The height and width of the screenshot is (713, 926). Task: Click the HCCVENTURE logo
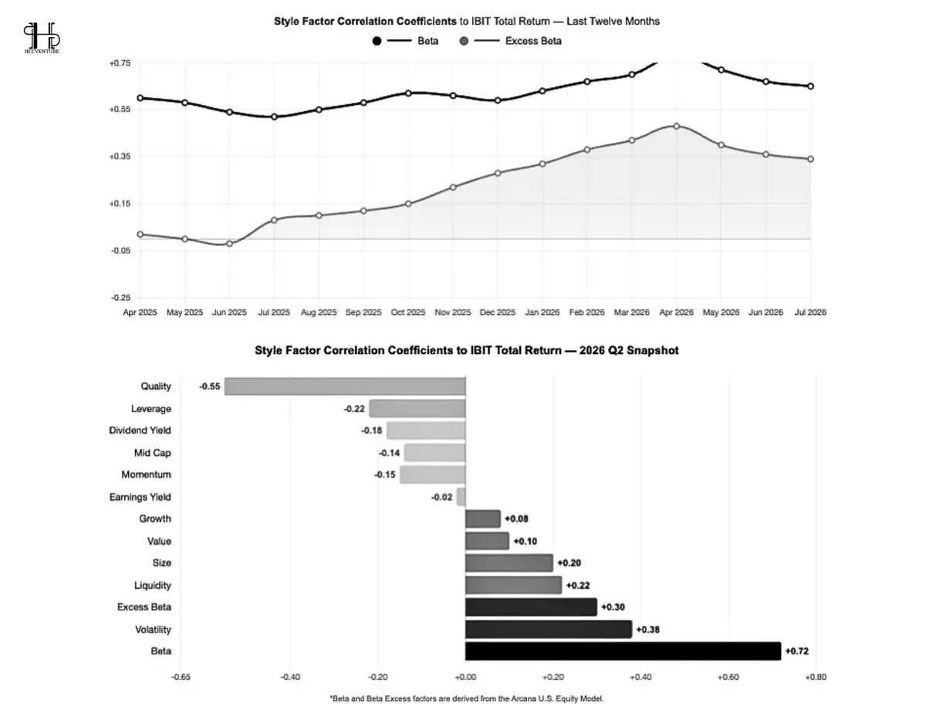pyautogui.click(x=42, y=38)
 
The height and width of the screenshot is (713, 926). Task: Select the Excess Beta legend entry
pyautogui.click(x=511, y=41)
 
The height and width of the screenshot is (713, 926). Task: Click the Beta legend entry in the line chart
pyautogui.click(x=405, y=41)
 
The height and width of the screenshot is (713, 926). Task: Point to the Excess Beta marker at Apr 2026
pyautogui.click(x=676, y=126)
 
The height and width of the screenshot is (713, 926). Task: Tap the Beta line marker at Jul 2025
pyautogui.click(x=274, y=117)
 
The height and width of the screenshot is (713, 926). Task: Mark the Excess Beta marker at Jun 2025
pyautogui.click(x=229, y=244)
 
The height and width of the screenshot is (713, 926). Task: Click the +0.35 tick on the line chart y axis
pyautogui.click(x=120, y=157)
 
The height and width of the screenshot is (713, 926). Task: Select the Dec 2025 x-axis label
pyautogui.click(x=497, y=313)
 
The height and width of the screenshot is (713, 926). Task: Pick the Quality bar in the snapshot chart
pyautogui.click(x=345, y=387)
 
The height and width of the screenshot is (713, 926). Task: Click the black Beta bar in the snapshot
pyautogui.click(x=623, y=651)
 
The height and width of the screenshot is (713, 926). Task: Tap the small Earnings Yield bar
pyautogui.click(x=461, y=497)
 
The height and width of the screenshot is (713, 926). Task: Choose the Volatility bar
pyautogui.click(x=549, y=629)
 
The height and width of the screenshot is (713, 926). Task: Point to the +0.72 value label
pyautogui.click(x=796, y=651)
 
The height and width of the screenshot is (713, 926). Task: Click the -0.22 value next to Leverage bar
pyautogui.click(x=354, y=409)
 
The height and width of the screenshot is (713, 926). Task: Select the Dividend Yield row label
pyautogui.click(x=140, y=431)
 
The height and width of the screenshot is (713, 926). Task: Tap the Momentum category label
pyautogui.click(x=146, y=475)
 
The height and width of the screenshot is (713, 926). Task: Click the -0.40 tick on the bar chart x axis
pyautogui.click(x=290, y=678)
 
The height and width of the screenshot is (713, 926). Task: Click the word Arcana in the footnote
pyautogui.click(x=522, y=698)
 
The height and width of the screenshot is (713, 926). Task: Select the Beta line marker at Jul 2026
pyautogui.click(x=810, y=86)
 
